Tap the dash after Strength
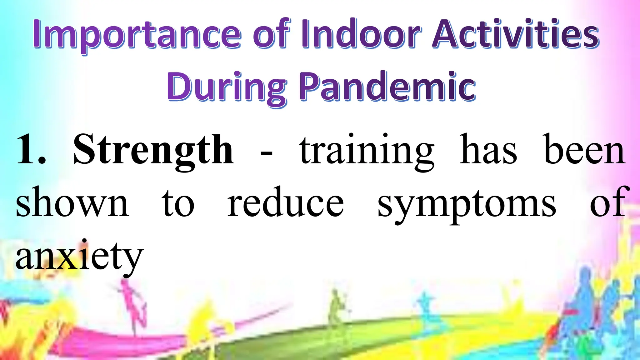266,153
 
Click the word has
488,150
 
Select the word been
584,150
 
